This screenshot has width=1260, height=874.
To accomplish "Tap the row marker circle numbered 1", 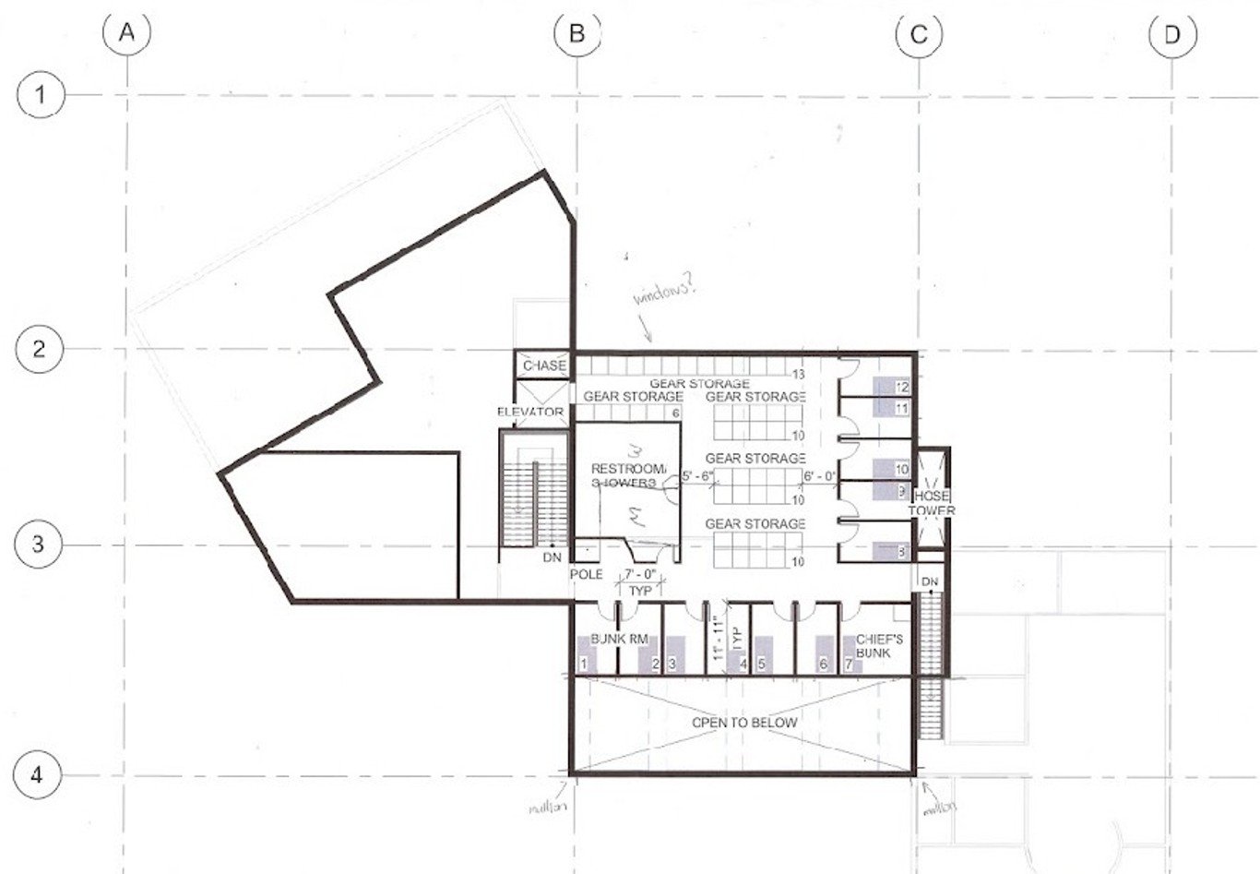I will (39, 94).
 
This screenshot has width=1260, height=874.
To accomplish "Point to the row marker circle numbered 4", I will (38, 774).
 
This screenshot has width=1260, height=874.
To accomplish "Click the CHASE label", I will (544, 365).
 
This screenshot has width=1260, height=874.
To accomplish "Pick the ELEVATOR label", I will (530, 412).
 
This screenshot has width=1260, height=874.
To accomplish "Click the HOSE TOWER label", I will (932, 503).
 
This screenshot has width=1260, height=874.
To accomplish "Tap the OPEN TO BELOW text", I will (744, 722).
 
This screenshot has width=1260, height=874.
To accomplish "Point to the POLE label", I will (586, 574).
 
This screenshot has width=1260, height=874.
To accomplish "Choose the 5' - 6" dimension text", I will (697, 477).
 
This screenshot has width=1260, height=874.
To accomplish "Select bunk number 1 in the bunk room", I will (583, 664).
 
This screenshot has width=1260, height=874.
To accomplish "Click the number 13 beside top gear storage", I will (800, 374).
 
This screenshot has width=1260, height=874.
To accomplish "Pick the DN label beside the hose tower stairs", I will (929, 581).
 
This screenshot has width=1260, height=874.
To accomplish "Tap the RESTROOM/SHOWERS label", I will (627, 474).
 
